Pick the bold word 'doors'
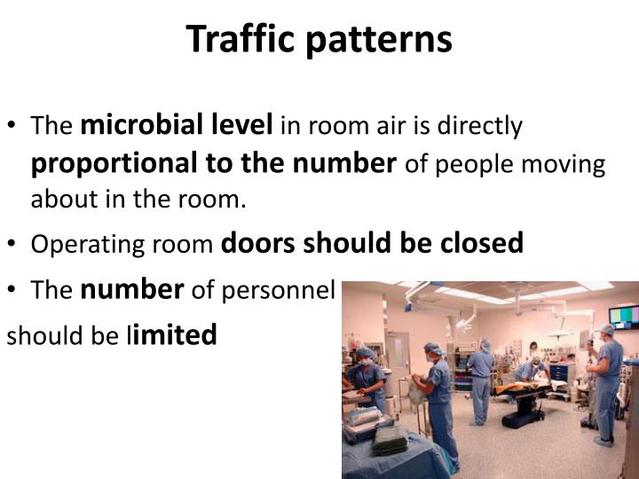257,243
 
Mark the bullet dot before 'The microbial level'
17,127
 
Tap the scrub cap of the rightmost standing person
606,330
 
